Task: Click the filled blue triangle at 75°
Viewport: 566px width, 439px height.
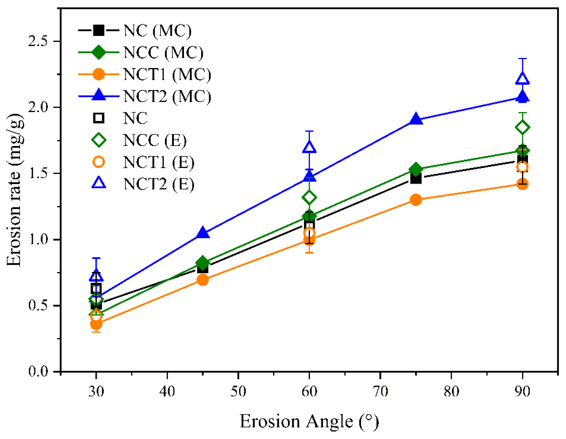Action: [x=416, y=120]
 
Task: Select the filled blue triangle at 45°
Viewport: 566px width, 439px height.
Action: [x=203, y=233]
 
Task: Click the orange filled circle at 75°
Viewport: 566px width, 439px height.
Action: [x=416, y=200]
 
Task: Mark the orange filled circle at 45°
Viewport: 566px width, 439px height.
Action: [x=203, y=280]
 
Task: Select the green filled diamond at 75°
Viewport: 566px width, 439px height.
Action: [x=416, y=169]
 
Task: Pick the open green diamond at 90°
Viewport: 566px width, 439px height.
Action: [x=522, y=127]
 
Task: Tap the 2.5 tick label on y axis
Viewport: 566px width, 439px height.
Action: [x=39, y=41]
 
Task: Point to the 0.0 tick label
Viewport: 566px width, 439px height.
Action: [x=39, y=371]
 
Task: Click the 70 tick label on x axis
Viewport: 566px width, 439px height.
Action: [x=380, y=392]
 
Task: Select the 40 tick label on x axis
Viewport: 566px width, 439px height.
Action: [x=167, y=392]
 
